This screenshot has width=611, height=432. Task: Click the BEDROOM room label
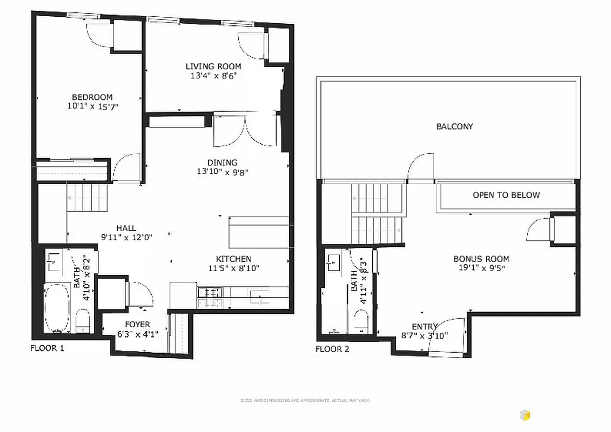89,97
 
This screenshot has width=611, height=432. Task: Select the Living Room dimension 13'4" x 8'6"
213,76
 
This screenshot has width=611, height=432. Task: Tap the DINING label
222,163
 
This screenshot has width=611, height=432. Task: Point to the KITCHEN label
233,259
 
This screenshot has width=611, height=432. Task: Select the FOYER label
137,325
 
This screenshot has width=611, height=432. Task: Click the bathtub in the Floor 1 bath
56,308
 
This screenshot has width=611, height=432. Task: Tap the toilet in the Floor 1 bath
83,321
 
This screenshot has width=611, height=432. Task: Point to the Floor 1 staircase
88,197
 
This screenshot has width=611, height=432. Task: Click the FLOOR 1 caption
47,348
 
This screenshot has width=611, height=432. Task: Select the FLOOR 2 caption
332,349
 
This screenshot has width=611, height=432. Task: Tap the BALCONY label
454,126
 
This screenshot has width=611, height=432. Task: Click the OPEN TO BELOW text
506,195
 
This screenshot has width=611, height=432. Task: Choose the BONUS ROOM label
481,259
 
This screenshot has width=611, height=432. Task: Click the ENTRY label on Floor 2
425,327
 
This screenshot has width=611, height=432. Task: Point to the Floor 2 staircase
378,214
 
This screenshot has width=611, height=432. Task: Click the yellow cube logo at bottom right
525,415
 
